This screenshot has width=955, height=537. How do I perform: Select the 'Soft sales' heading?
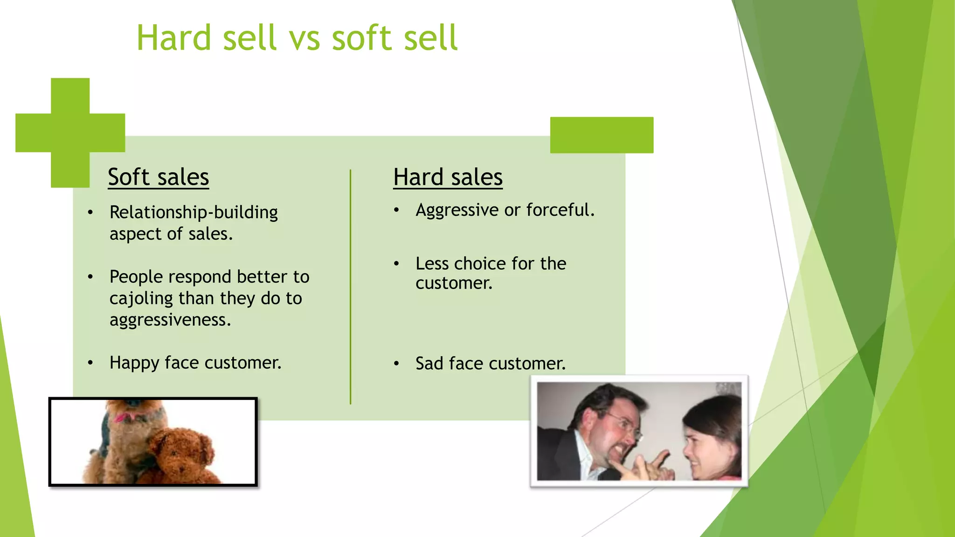point(158,177)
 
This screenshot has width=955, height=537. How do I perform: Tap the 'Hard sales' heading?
point(448,177)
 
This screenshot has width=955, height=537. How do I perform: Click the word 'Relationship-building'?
point(194,213)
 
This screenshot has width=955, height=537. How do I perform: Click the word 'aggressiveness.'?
point(170,320)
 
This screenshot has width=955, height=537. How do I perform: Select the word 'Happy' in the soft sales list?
point(134,363)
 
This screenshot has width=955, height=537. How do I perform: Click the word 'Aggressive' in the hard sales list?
point(457,210)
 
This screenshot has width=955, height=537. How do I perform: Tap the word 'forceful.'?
point(561,210)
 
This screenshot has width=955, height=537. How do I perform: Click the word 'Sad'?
point(429,364)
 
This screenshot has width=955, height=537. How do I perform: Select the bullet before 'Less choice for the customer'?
point(396,264)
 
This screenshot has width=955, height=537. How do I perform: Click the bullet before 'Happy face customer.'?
point(90,363)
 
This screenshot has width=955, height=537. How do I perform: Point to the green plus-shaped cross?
point(70,133)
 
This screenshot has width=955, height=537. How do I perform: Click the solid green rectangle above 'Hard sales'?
point(602,135)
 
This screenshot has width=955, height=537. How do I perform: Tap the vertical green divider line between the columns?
point(350,287)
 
